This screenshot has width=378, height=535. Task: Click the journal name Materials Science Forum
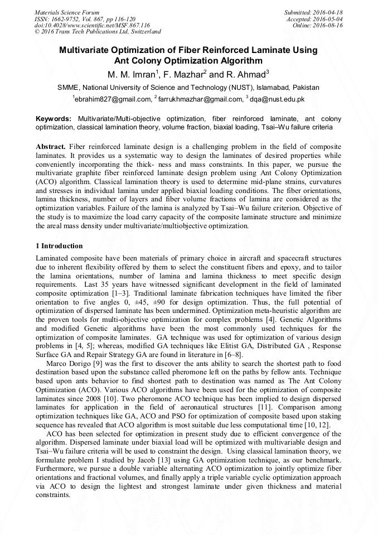(67, 12)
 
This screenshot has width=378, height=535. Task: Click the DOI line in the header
(92, 25)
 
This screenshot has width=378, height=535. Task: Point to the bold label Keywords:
(54, 119)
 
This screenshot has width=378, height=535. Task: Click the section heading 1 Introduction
(59, 246)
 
